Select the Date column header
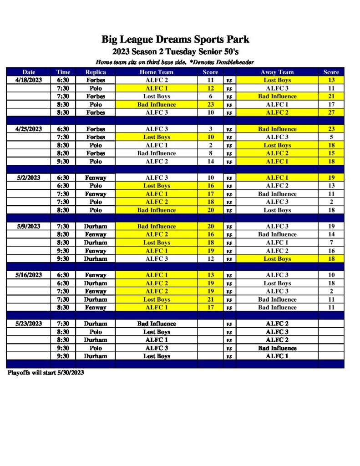29,72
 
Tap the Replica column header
96,72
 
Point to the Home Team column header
156,72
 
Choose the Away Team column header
277,72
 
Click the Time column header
63,72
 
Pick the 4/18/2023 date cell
29,80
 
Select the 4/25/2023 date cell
29,129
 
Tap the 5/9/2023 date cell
29,226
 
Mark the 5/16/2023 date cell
29,275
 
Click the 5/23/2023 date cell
29,324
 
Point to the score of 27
331,112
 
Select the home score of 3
210,129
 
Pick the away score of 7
331,243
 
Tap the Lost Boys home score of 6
210,96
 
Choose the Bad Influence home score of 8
210,153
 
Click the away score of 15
331,153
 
